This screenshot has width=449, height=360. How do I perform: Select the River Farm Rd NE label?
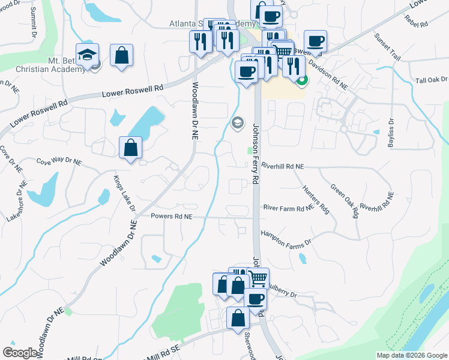pyautogui.click(x=288, y=208)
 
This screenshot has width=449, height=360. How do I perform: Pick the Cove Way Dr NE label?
pyautogui.click(x=58, y=161)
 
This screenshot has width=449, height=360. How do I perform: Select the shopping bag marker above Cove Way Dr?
pyautogui.click(x=130, y=147)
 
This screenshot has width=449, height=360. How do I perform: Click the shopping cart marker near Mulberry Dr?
pyautogui.click(x=258, y=278)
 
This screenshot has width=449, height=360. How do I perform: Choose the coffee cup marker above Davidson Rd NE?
pyautogui.click(x=315, y=41)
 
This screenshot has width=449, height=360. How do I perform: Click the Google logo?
pyautogui.click(x=20, y=353)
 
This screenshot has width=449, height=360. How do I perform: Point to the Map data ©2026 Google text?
pyautogui.click(x=411, y=355)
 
